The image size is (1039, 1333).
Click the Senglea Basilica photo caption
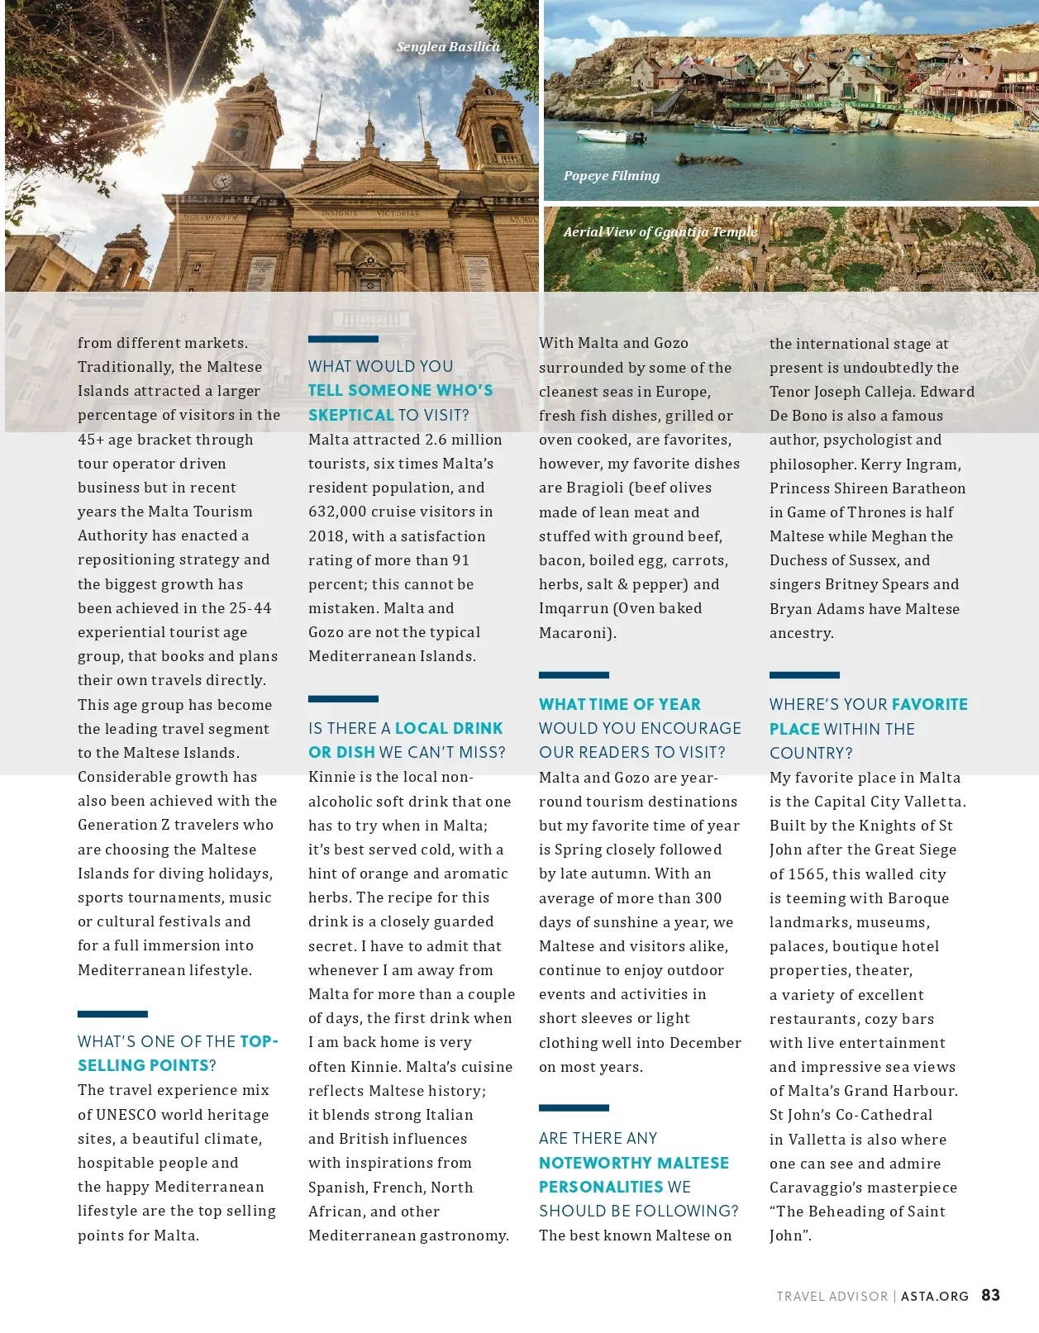point(447,47)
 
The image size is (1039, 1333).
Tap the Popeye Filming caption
point(612,176)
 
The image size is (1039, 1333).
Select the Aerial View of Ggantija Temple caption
point(660,232)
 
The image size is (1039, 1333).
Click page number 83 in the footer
point(990,1295)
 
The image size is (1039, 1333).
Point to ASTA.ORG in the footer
point(934,1297)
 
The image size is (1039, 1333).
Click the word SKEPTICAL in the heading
point(350,415)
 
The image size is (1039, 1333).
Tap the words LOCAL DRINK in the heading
point(449,728)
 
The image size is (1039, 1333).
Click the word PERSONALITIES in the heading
point(601,1187)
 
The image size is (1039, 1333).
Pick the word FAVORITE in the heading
point(929,704)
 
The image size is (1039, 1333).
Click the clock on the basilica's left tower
point(222,181)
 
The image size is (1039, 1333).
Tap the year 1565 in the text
point(807,874)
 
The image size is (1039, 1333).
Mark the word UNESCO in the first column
point(127,1115)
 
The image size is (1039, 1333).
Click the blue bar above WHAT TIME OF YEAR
point(574,675)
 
